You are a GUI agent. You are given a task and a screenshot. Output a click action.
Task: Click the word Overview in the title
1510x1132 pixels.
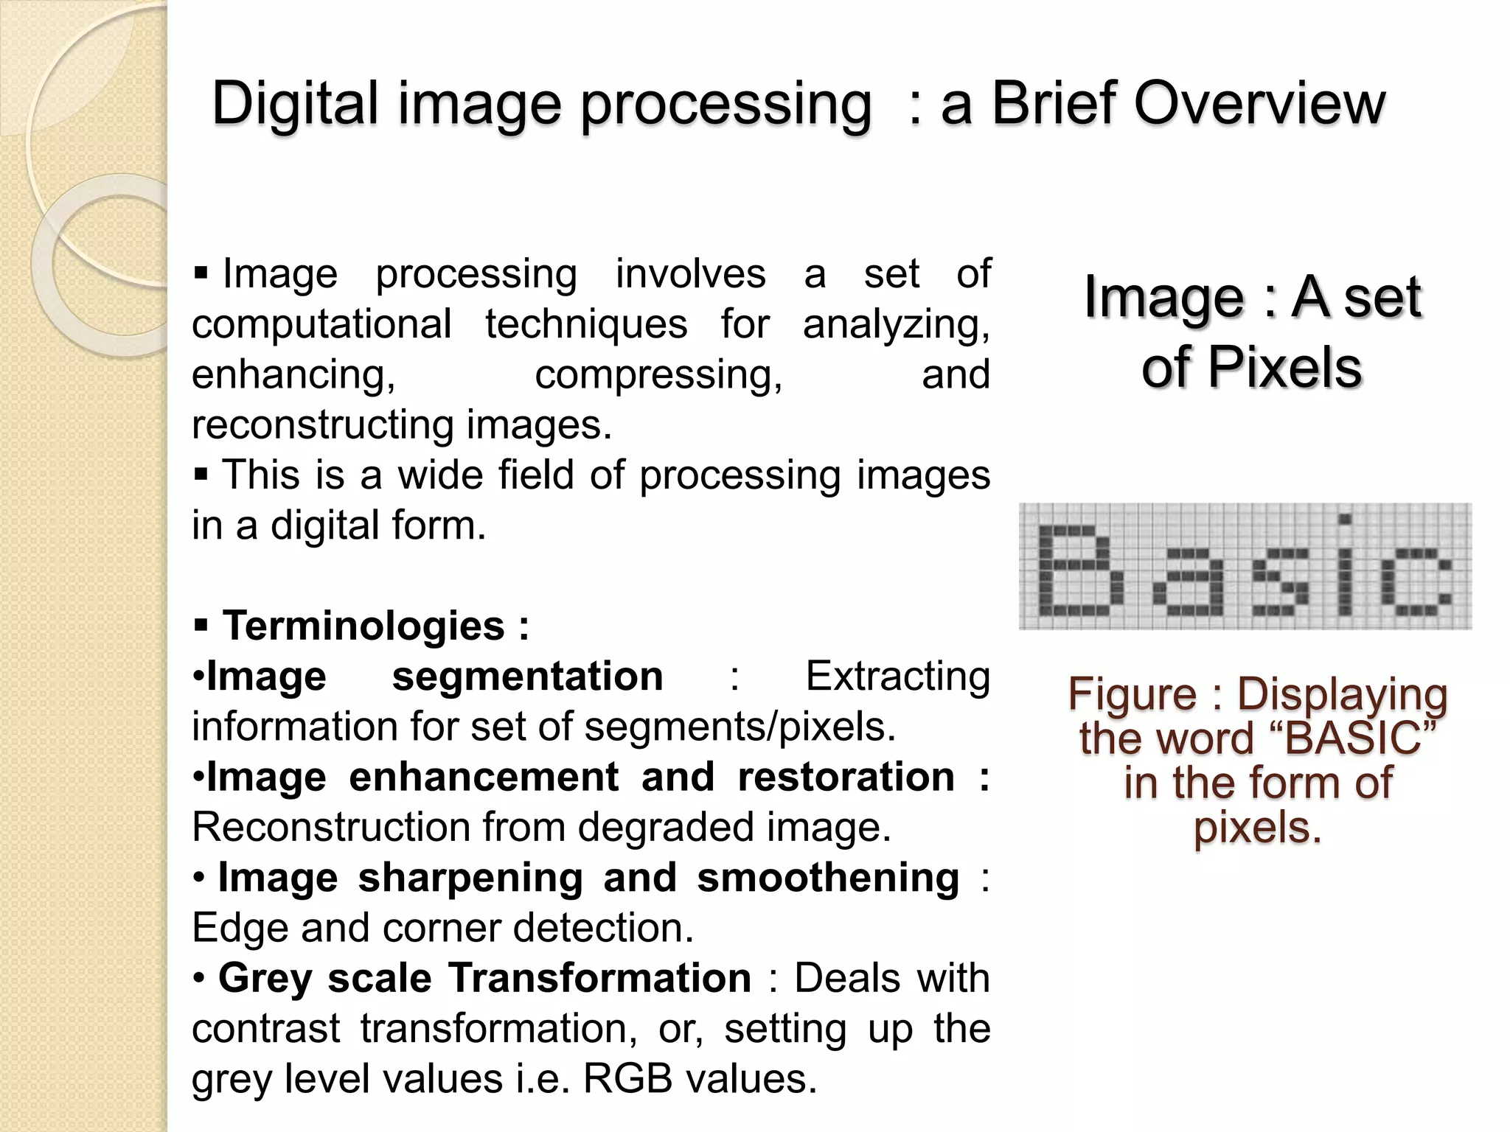tap(1259, 103)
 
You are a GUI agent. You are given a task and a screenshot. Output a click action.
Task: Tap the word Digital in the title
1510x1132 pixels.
tap(295, 105)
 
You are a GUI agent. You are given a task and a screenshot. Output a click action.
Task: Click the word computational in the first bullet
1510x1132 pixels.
tap(321, 324)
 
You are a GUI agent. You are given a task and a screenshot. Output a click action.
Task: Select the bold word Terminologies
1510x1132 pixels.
tap(363, 626)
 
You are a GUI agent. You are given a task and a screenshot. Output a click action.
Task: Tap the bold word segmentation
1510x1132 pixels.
tap(527, 677)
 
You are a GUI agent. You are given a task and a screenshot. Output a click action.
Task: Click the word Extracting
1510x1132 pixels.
tap(897, 677)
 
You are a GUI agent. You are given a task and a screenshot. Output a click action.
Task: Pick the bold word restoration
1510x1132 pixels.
tap(846, 778)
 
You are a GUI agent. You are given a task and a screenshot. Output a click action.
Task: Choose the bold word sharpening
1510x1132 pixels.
tap(470, 878)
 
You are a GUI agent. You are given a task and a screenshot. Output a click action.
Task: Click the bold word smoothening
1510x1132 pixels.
tap(828, 878)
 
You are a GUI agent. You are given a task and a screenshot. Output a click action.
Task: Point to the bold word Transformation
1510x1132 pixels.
tap(600, 979)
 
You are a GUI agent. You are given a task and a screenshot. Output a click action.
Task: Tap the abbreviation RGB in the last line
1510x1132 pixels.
tap(628, 1080)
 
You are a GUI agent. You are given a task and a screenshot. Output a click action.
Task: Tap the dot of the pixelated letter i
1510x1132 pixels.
tap(1345, 520)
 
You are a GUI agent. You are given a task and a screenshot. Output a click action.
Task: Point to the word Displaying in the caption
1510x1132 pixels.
tap(1342, 694)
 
